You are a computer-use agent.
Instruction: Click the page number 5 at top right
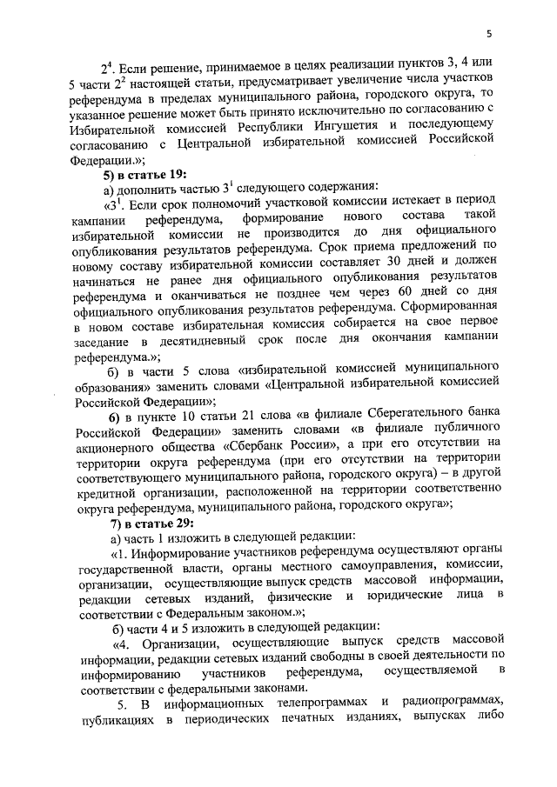(x=490, y=34)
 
